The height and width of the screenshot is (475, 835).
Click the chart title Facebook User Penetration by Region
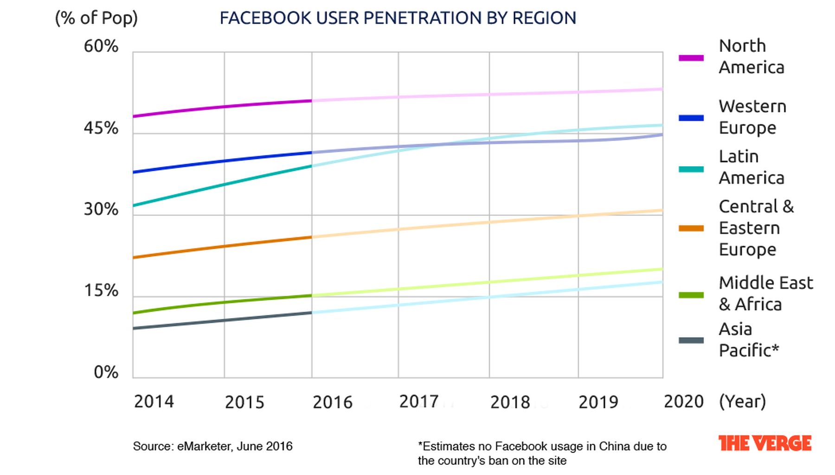pyautogui.click(x=398, y=18)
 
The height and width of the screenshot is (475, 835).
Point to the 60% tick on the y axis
pyautogui.click(x=101, y=46)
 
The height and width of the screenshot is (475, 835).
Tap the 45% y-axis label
pyautogui.click(x=101, y=128)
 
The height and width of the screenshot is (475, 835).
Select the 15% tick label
pyautogui.click(x=101, y=291)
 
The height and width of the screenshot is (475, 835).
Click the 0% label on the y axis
pyautogui.click(x=106, y=372)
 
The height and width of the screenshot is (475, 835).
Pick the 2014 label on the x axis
pyautogui.click(x=154, y=402)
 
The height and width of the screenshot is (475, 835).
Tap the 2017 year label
pyautogui.click(x=418, y=402)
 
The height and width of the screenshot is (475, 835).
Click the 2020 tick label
pyautogui.click(x=683, y=402)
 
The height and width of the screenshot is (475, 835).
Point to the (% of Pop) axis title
pyautogui.click(x=96, y=18)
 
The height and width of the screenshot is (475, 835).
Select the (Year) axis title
pyautogui.click(x=742, y=402)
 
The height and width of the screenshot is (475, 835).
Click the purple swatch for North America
pyautogui.click(x=691, y=58)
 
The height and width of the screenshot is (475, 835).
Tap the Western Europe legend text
pyautogui.click(x=752, y=117)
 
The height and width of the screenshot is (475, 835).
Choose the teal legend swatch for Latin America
pyautogui.click(x=691, y=169)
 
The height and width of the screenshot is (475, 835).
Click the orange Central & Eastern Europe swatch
pyautogui.click(x=691, y=228)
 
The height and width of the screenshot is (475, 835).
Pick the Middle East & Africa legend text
pyautogui.click(x=765, y=293)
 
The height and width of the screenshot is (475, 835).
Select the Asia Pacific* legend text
pyautogui.click(x=748, y=340)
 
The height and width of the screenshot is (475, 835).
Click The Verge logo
pyautogui.click(x=764, y=443)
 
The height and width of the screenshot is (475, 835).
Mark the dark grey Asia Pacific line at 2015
pyautogui.click(x=225, y=320)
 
